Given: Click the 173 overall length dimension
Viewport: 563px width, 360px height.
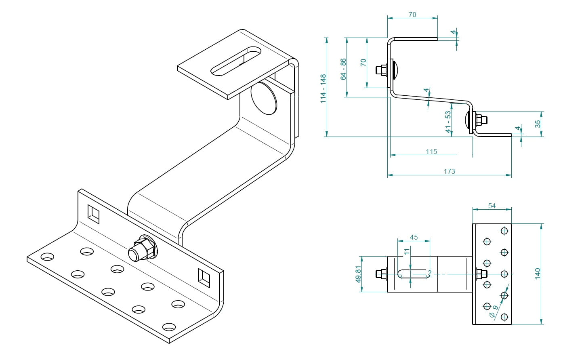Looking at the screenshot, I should click(449, 171).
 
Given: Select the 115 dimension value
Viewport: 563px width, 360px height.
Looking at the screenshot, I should click(431, 152).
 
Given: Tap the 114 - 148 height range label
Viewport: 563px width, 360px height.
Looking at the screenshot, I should click(323, 88).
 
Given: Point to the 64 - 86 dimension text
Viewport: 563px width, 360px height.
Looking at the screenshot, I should click(343, 69).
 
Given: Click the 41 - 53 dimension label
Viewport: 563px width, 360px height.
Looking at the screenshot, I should click(448, 123).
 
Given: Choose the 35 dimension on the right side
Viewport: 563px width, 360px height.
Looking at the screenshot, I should click(538, 124).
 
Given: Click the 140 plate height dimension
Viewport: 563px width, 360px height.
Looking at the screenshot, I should click(537, 273).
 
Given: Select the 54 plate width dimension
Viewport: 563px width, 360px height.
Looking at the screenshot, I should click(492, 206).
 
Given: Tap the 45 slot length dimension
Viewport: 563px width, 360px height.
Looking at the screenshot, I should click(414, 237).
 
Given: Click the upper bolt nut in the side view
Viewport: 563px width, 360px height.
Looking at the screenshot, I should click(380, 70).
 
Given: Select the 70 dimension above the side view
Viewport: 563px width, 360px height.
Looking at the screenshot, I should click(412, 15).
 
